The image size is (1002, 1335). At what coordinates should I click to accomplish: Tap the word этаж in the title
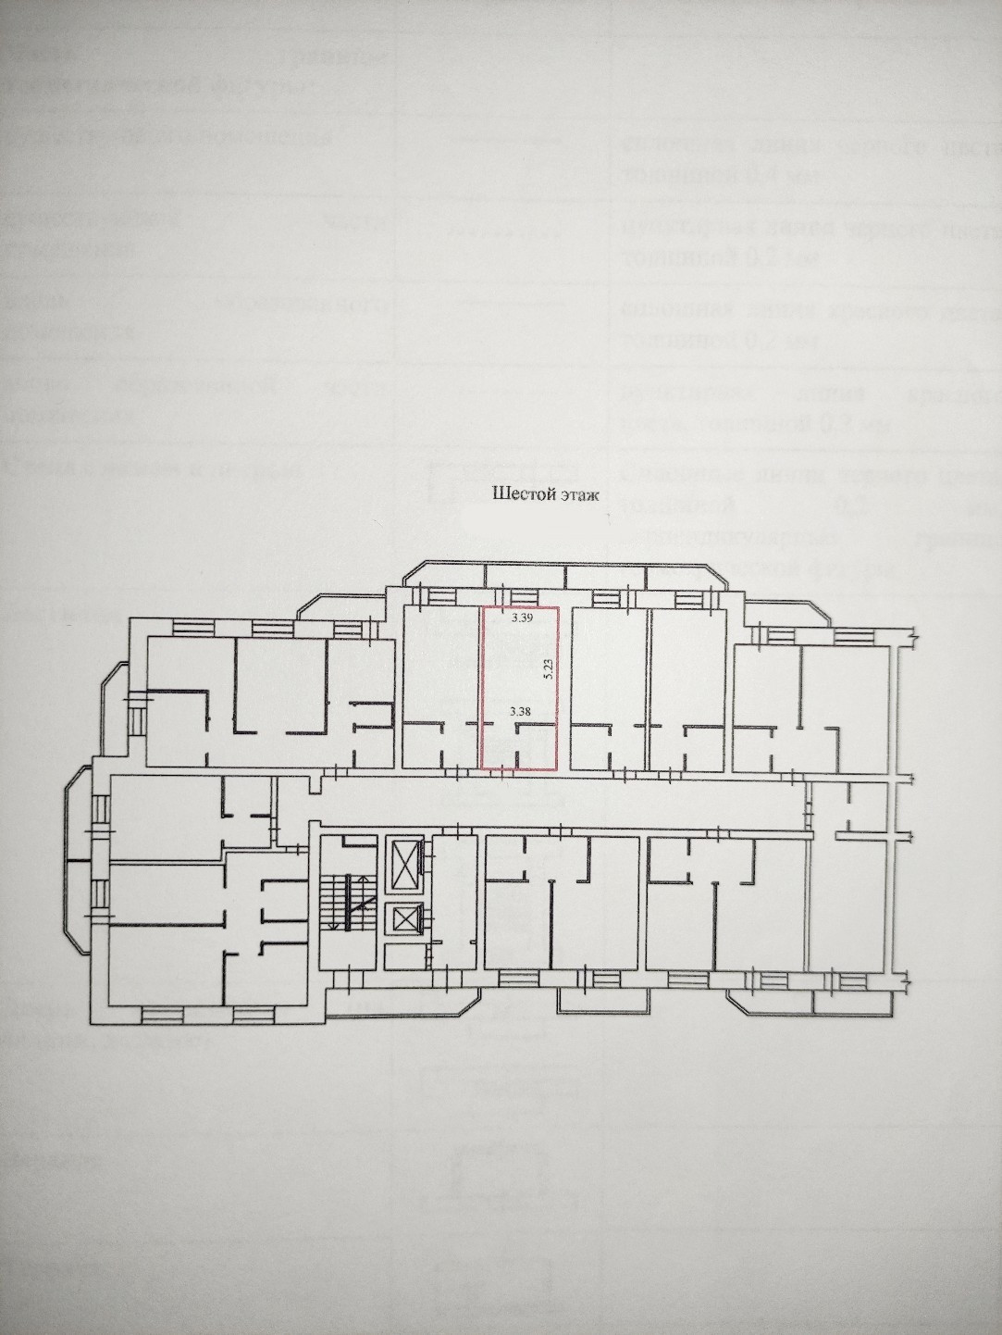pos(579,495)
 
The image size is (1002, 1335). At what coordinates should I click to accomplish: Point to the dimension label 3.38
pos(519,712)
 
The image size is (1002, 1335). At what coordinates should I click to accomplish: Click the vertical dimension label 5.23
pos(549,669)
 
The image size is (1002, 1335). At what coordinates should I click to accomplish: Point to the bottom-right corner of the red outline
pos(557,768)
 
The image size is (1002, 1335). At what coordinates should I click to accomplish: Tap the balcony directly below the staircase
pos(352,1004)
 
